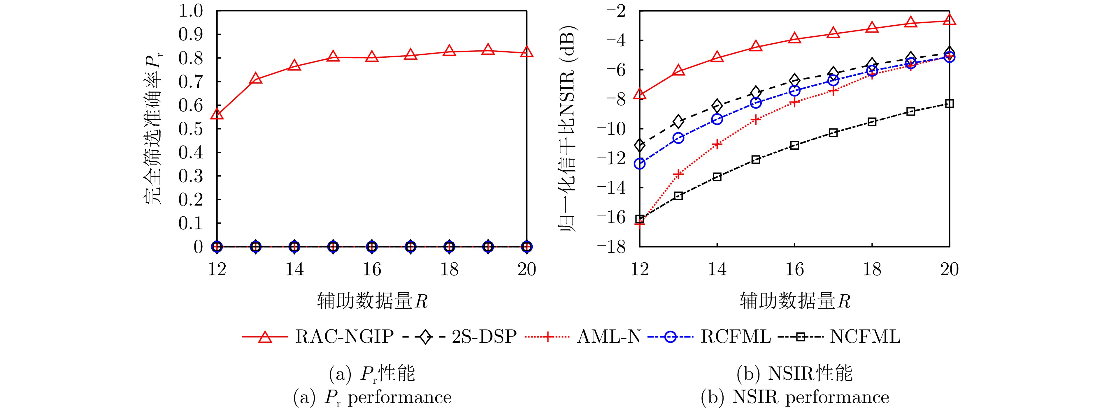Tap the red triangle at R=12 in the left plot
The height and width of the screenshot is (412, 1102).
click(217, 114)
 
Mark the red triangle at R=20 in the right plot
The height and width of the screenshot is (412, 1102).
click(949, 20)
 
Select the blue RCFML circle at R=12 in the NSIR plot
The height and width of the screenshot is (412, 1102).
click(640, 164)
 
